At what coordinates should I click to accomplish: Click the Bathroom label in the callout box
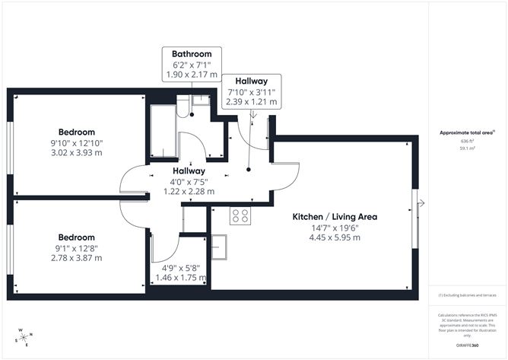tap(192, 54)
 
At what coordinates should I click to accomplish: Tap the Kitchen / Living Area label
tap(335, 217)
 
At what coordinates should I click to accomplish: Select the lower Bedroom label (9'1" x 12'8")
tap(76, 237)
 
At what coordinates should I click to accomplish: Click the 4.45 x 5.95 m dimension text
tap(335, 237)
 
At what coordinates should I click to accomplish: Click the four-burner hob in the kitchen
tap(240, 216)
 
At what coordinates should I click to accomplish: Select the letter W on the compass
tap(21, 331)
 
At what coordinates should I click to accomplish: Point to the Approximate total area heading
tap(467, 132)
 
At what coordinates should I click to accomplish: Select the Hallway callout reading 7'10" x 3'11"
tap(251, 80)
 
